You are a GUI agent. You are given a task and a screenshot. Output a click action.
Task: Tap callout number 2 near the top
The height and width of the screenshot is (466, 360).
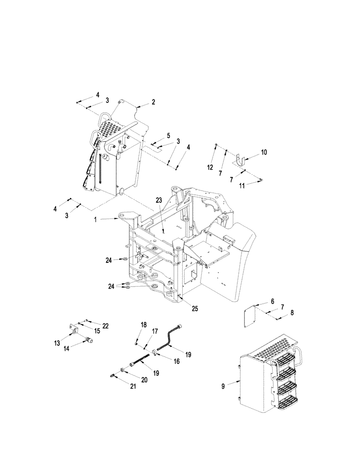tap(153, 102)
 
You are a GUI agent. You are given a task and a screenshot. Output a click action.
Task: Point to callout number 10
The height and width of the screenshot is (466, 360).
tap(264, 152)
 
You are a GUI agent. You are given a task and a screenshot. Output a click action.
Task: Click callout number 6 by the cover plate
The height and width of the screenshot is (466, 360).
tap(272, 302)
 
